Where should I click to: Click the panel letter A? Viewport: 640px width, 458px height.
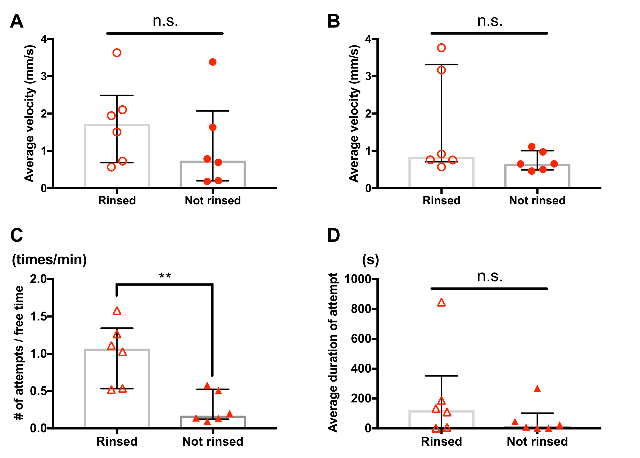click(x=17, y=21)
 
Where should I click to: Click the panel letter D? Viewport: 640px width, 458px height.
click(x=333, y=235)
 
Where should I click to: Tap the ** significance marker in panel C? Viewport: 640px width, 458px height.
click(x=165, y=276)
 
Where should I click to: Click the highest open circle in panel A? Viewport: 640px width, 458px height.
click(x=117, y=53)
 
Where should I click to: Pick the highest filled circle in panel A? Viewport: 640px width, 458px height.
click(x=213, y=62)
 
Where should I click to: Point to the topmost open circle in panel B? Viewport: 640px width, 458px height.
click(x=441, y=48)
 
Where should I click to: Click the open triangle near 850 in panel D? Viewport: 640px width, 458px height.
click(x=441, y=303)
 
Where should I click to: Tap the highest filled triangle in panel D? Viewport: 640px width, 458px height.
click(x=537, y=389)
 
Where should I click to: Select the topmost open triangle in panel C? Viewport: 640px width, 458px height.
click(x=117, y=311)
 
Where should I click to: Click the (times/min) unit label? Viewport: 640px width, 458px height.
click(x=49, y=259)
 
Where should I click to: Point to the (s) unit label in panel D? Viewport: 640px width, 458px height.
click(x=370, y=259)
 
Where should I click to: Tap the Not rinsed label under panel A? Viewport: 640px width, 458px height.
click(x=213, y=200)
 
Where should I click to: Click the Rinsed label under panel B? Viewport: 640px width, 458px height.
click(x=441, y=200)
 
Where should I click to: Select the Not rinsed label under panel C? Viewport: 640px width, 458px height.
click(x=213, y=441)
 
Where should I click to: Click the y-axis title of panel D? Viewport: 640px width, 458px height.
click(x=333, y=353)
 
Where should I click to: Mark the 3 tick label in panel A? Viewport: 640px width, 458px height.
click(x=44, y=76)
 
